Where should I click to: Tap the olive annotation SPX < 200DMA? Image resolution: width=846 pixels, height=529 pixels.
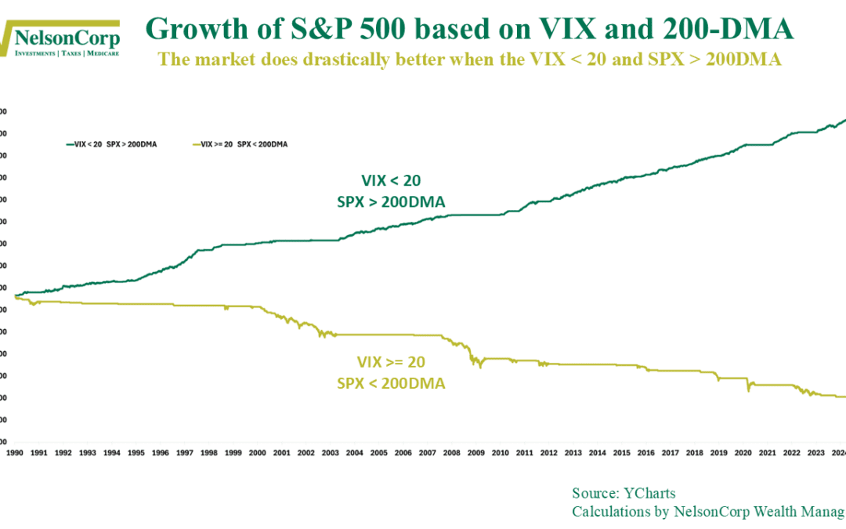coord(391,382)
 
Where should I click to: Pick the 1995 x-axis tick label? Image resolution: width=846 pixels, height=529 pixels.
coord(137,453)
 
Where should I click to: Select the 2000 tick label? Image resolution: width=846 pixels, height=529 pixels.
coord(258,453)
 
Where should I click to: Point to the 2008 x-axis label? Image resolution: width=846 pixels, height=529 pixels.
coord(451,453)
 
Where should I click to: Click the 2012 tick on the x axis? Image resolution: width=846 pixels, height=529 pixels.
coord(548,453)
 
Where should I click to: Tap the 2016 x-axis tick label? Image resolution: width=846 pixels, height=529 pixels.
coord(645,453)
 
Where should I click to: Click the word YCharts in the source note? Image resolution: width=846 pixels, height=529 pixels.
coord(649,493)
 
